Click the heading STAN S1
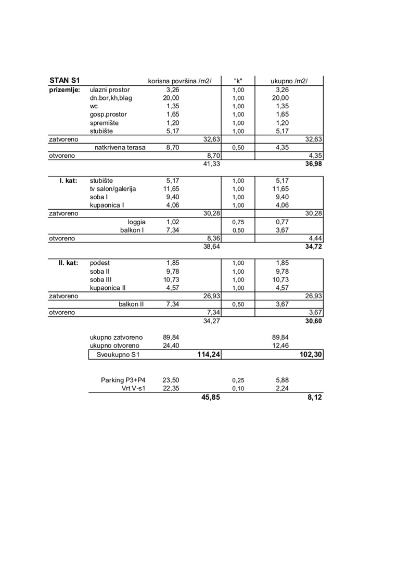pos(65,81)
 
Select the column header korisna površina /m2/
pos(180,81)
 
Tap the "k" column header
pos(238,81)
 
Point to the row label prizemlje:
pos(65,90)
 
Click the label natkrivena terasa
pos(120,147)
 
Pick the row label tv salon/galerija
pos(113,188)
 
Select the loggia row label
pos(136,222)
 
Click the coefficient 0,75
pos(238,222)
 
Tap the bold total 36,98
pos(313,164)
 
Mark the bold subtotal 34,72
pos(313,247)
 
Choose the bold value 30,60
pos(313,321)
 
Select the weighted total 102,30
pos(310,355)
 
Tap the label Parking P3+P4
pos(123,380)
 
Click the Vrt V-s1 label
pos(133,388)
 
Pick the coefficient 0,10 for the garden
pos(238,389)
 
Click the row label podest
pos(100,263)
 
